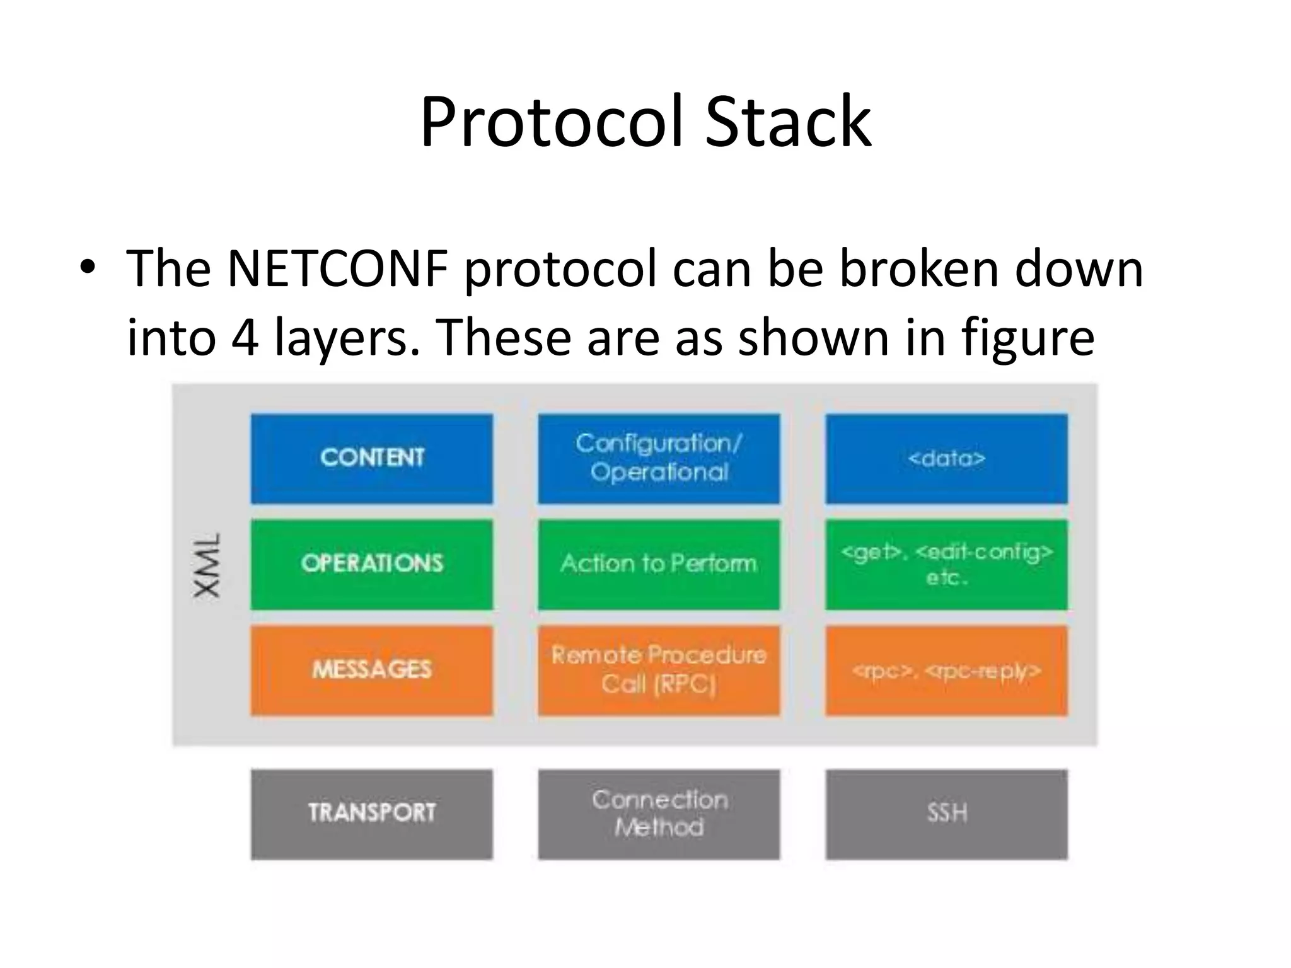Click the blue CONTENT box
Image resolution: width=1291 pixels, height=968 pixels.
[x=371, y=458]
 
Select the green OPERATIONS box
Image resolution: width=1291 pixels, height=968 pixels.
[x=371, y=564]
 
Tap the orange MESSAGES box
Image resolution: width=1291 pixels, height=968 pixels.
[x=371, y=670]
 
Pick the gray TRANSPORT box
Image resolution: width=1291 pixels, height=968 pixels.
[x=371, y=814]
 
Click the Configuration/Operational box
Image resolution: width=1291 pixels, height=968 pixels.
[x=659, y=458]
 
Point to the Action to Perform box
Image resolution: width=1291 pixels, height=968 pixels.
[x=659, y=564]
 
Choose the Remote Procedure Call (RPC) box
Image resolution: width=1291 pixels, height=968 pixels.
[x=659, y=670]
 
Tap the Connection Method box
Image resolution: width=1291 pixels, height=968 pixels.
[x=659, y=814]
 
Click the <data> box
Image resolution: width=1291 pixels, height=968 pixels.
[x=946, y=458]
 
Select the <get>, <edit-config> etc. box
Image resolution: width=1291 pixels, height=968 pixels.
[x=946, y=564]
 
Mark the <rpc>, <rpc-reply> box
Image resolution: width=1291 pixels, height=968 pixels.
[x=946, y=670]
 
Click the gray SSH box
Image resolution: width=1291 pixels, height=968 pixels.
[x=946, y=814]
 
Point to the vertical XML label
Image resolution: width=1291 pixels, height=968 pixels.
[x=207, y=565]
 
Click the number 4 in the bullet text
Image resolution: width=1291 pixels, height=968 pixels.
[x=245, y=337]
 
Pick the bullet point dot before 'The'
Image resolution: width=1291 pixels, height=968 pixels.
[x=88, y=268]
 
